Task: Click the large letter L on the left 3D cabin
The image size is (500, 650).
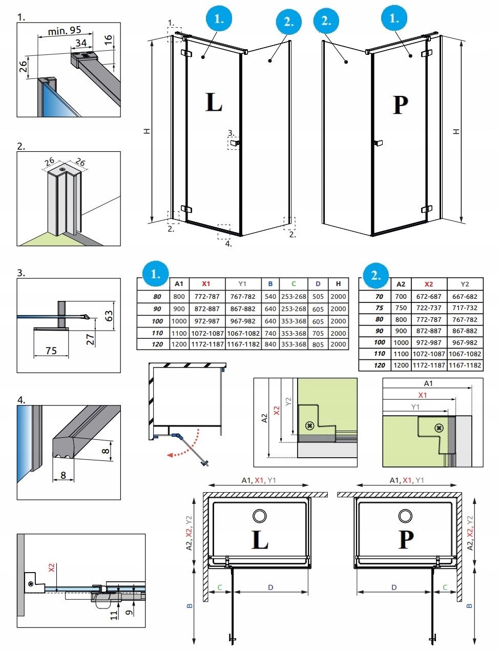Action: tap(214, 102)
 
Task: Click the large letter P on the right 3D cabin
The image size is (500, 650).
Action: tap(401, 105)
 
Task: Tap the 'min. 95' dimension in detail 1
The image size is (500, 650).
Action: tap(64, 31)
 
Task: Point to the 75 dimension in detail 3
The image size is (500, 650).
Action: tap(51, 351)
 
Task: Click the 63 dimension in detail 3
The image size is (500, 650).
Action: tap(109, 316)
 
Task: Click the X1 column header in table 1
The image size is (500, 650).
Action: tap(205, 283)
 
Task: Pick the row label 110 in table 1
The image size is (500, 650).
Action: tap(157, 333)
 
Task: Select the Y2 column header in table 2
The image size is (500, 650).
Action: tap(465, 284)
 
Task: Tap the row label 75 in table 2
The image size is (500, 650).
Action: tap(379, 308)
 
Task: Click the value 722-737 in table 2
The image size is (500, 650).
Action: tap(429, 308)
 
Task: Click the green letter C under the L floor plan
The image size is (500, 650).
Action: tap(220, 587)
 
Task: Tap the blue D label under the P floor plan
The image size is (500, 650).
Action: tap(394, 587)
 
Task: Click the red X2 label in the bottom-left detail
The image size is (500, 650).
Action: tap(51, 568)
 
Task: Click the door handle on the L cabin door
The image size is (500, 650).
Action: tap(234, 144)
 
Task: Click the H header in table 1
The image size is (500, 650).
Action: tap(338, 283)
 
